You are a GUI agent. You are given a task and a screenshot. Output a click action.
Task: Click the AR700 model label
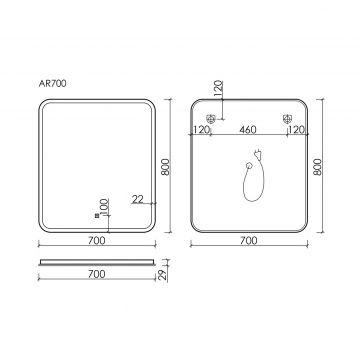52,84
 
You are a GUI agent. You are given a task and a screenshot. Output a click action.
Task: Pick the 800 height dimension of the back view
318,167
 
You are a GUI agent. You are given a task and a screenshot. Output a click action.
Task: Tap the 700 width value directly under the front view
97,240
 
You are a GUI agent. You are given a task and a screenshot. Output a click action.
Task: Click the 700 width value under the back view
249,240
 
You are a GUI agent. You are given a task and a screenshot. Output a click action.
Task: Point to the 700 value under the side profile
97,274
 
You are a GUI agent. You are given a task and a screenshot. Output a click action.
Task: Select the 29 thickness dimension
163,275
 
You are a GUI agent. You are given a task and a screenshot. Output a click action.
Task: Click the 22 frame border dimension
137,199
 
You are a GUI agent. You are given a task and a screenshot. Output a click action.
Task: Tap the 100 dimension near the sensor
104,207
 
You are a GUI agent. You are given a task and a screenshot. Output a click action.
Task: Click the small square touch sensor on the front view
97,216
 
